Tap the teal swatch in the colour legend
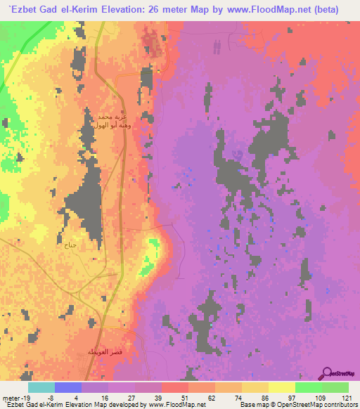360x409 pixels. coord(41,387)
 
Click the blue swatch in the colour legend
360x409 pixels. coord(67,387)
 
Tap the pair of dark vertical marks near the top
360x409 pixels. coord(217,46)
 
